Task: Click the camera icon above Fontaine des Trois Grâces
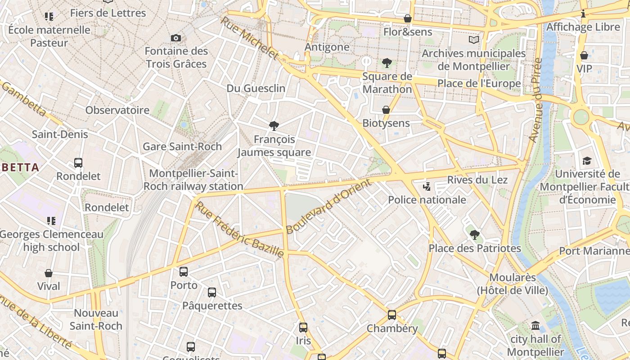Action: (176, 38)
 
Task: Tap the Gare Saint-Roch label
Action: (182, 146)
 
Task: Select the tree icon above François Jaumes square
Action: (274, 126)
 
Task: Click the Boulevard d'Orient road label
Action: (329, 206)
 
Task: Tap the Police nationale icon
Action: (427, 186)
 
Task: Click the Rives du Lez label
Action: (477, 180)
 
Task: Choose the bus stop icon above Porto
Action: (184, 272)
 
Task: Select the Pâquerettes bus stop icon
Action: (212, 292)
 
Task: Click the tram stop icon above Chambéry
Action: (392, 315)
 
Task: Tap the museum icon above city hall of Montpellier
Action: (535, 325)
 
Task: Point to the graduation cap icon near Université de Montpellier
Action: (587, 161)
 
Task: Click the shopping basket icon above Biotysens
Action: (386, 110)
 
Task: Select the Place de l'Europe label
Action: (479, 83)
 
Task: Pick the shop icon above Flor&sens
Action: (408, 18)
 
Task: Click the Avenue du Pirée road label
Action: (536, 100)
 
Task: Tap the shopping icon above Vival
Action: (49, 273)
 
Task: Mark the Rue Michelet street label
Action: (249, 38)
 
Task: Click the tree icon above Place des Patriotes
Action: (474, 234)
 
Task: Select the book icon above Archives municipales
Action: (474, 40)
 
